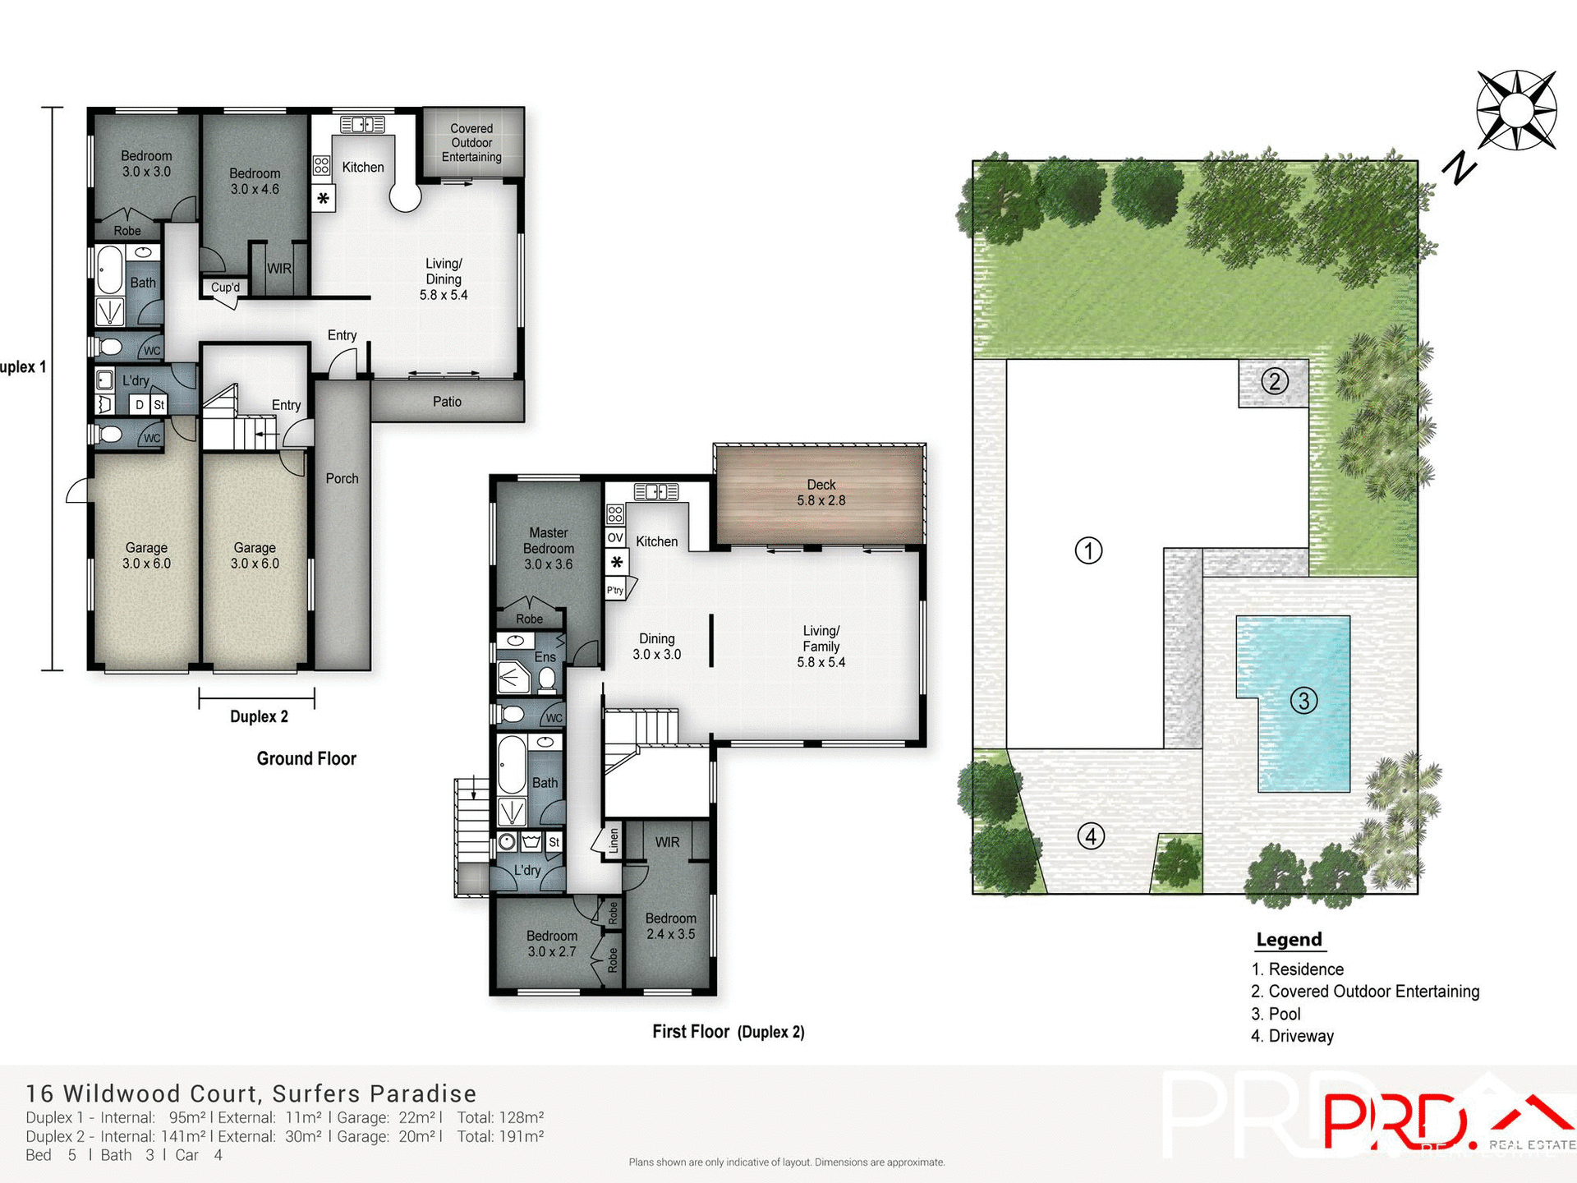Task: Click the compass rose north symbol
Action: coord(1515,111)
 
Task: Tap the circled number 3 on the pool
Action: coord(1303,701)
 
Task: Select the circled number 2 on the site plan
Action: coord(1274,381)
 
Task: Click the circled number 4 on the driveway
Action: coord(1090,836)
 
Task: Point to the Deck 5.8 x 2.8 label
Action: coord(821,493)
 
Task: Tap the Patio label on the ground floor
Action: coord(447,402)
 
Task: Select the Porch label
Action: coord(342,478)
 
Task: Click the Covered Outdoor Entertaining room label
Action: coord(471,143)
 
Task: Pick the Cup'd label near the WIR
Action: coord(225,288)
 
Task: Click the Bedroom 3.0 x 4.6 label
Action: coord(255,182)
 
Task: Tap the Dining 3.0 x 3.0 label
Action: coord(656,647)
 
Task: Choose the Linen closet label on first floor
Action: coord(613,841)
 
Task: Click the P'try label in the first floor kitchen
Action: coord(614,591)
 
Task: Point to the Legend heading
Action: coord(1289,940)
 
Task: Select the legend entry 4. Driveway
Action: coord(1292,1036)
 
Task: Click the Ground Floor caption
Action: coord(306,759)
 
